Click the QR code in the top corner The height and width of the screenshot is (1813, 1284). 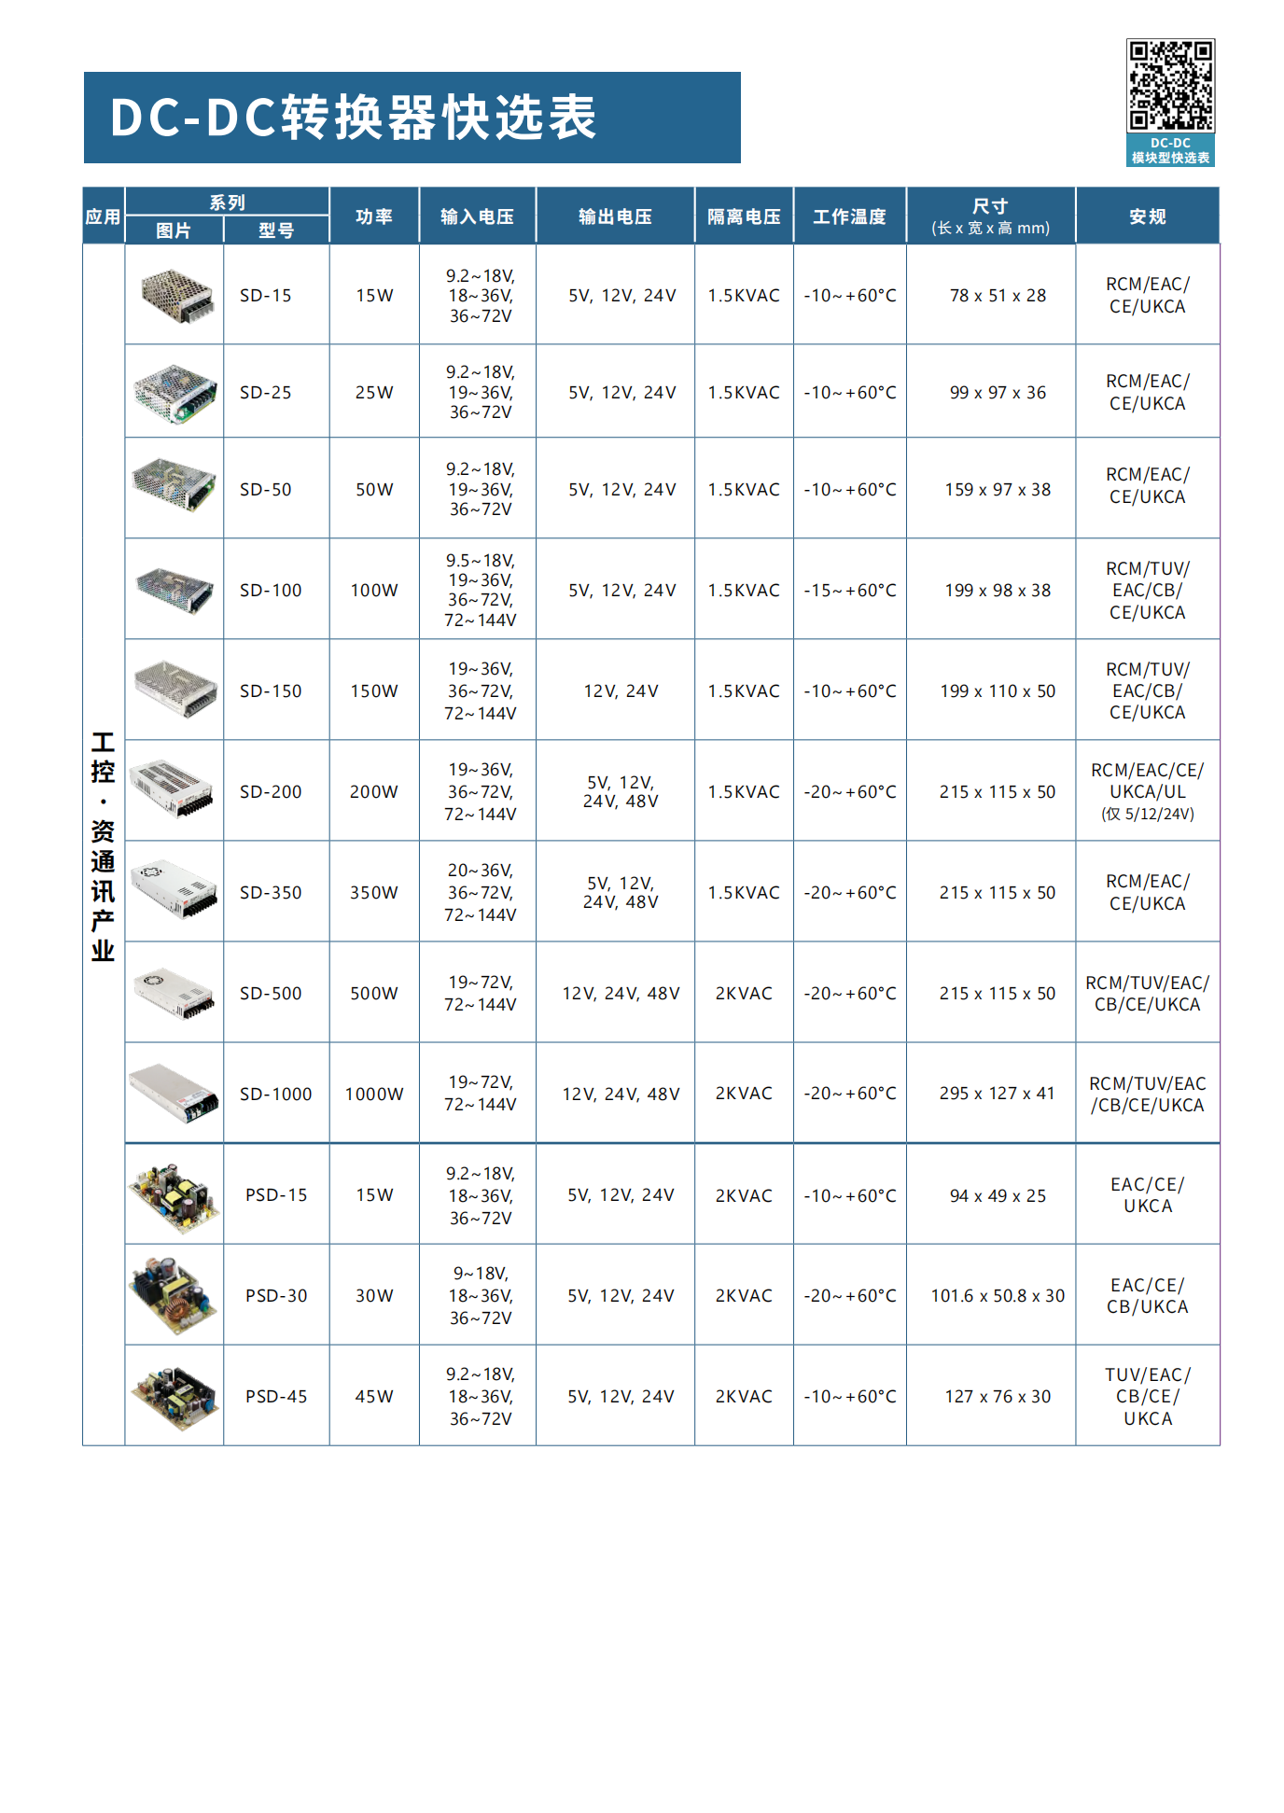[1170, 85]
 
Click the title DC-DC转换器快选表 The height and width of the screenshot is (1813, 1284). [354, 118]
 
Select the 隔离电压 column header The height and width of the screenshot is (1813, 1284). [744, 216]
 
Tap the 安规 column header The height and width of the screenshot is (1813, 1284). [1147, 216]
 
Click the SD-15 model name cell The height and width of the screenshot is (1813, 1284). [266, 296]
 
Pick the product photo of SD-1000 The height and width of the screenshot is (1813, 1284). [174, 1093]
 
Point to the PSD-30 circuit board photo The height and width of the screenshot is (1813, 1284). [174, 1295]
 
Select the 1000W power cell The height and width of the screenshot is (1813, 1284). [374, 1094]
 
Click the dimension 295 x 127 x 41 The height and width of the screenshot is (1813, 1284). [997, 1094]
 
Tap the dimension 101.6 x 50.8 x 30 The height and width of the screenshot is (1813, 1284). [998, 1295]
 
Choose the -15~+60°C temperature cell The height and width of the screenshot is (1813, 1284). [850, 591]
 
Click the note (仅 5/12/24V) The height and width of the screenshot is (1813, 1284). [1147, 814]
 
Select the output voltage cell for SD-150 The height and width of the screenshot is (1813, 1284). [621, 691]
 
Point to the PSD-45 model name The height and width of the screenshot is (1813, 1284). [276, 1396]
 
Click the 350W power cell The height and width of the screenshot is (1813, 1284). [374, 893]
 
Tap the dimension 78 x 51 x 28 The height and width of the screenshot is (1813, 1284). [998, 296]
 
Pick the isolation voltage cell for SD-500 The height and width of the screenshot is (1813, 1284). [744, 994]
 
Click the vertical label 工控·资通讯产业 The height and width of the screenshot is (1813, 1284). [103, 845]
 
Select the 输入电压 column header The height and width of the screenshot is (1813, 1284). [477, 216]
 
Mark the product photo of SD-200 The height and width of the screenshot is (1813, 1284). [174, 790]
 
